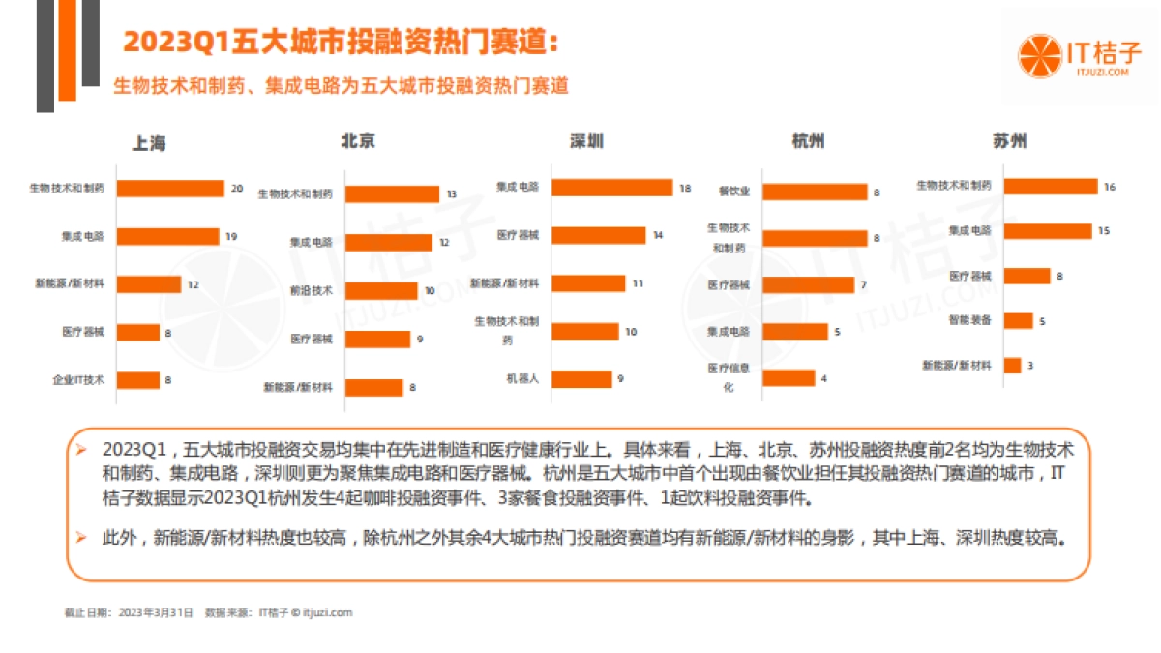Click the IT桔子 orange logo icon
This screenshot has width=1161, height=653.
tap(1039, 55)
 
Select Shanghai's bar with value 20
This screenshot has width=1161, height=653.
tap(175, 189)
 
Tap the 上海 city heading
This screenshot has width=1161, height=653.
tap(149, 143)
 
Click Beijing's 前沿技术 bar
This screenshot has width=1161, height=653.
tap(381, 290)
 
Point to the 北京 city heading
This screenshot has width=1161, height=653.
tap(358, 140)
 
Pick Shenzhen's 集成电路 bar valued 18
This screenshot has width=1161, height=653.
tap(611, 188)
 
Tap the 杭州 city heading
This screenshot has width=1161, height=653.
tap(808, 140)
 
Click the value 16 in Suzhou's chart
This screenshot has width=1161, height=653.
tap(1110, 187)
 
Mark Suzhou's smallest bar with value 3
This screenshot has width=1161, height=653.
tap(1012, 365)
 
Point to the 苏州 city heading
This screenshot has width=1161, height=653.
tap(1009, 140)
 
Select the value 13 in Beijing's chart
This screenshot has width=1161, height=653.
tap(451, 194)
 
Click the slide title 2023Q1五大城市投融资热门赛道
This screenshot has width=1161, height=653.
tap(341, 43)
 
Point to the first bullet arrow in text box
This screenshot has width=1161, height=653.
tap(81, 451)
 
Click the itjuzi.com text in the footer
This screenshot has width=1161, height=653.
tap(327, 612)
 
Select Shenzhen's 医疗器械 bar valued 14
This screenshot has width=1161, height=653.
tap(598, 235)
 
